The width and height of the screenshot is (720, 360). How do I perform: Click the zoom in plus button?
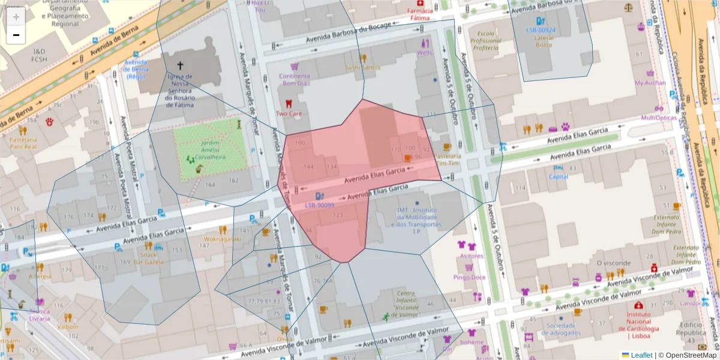pyautogui.click(x=16, y=17)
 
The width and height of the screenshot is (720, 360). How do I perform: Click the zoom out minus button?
pyautogui.click(x=16, y=35)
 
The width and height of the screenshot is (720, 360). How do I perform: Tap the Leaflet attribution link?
pyautogui.click(x=641, y=355)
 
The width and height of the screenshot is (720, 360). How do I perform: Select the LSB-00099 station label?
pyautogui.click(x=319, y=205)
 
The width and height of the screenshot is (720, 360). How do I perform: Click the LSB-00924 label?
pyautogui.click(x=541, y=30)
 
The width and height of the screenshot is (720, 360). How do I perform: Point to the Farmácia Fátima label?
pyautogui.click(x=419, y=14)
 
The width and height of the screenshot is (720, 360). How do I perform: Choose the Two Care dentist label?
pyautogui.click(x=289, y=113)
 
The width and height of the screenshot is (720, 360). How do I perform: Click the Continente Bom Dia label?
pyautogui.click(x=295, y=79)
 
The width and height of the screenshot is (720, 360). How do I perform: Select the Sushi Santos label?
pyautogui.click(x=362, y=67)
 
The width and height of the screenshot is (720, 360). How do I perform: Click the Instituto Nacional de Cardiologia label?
pyautogui.click(x=638, y=321)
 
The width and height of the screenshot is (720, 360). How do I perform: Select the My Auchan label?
pyautogui.click(x=650, y=83)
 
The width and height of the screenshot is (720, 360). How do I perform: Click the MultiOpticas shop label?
pyautogui.click(x=659, y=118)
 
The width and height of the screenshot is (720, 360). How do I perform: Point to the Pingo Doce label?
pyautogui.click(x=469, y=277)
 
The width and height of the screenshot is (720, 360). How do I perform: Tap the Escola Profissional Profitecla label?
pyautogui.click(x=485, y=40)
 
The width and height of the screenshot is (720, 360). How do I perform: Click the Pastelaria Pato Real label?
pyautogui.click(x=23, y=142)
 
